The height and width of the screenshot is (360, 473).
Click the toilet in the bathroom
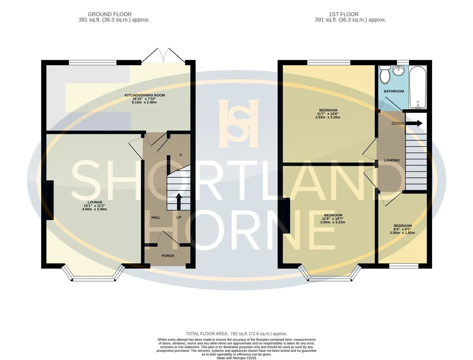[x=384, y=75]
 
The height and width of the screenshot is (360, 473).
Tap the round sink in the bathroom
[x=398, y=70]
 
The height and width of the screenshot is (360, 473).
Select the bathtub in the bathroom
[x=418, y=87]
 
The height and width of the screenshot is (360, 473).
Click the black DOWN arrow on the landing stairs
[x=414, y=123]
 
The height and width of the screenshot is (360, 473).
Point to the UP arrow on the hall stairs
[x=179, y=201]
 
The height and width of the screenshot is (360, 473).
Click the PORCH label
[x=168, y=256]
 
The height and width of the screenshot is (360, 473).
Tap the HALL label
[x=156, y=217]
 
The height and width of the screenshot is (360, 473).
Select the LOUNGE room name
[x=95, y=202]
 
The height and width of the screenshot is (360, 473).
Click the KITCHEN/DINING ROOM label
[x=144, y=95]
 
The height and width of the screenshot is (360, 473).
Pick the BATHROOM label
[x=394, y=91]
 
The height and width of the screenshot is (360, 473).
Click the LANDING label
[x=392, y=160]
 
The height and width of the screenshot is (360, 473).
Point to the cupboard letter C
[x=181, y=155]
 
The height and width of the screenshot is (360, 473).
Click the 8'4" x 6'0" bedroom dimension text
[x=402, y=229]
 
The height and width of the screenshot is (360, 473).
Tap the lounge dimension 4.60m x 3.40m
[x=94, y=209]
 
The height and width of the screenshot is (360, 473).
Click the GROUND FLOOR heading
[x=109, y=14]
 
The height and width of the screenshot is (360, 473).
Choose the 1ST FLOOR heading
[x=344, y=14]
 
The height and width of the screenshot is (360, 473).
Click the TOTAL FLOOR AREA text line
[x=236, y=334]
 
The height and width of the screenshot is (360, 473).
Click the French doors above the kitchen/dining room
[x=163, y=56]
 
